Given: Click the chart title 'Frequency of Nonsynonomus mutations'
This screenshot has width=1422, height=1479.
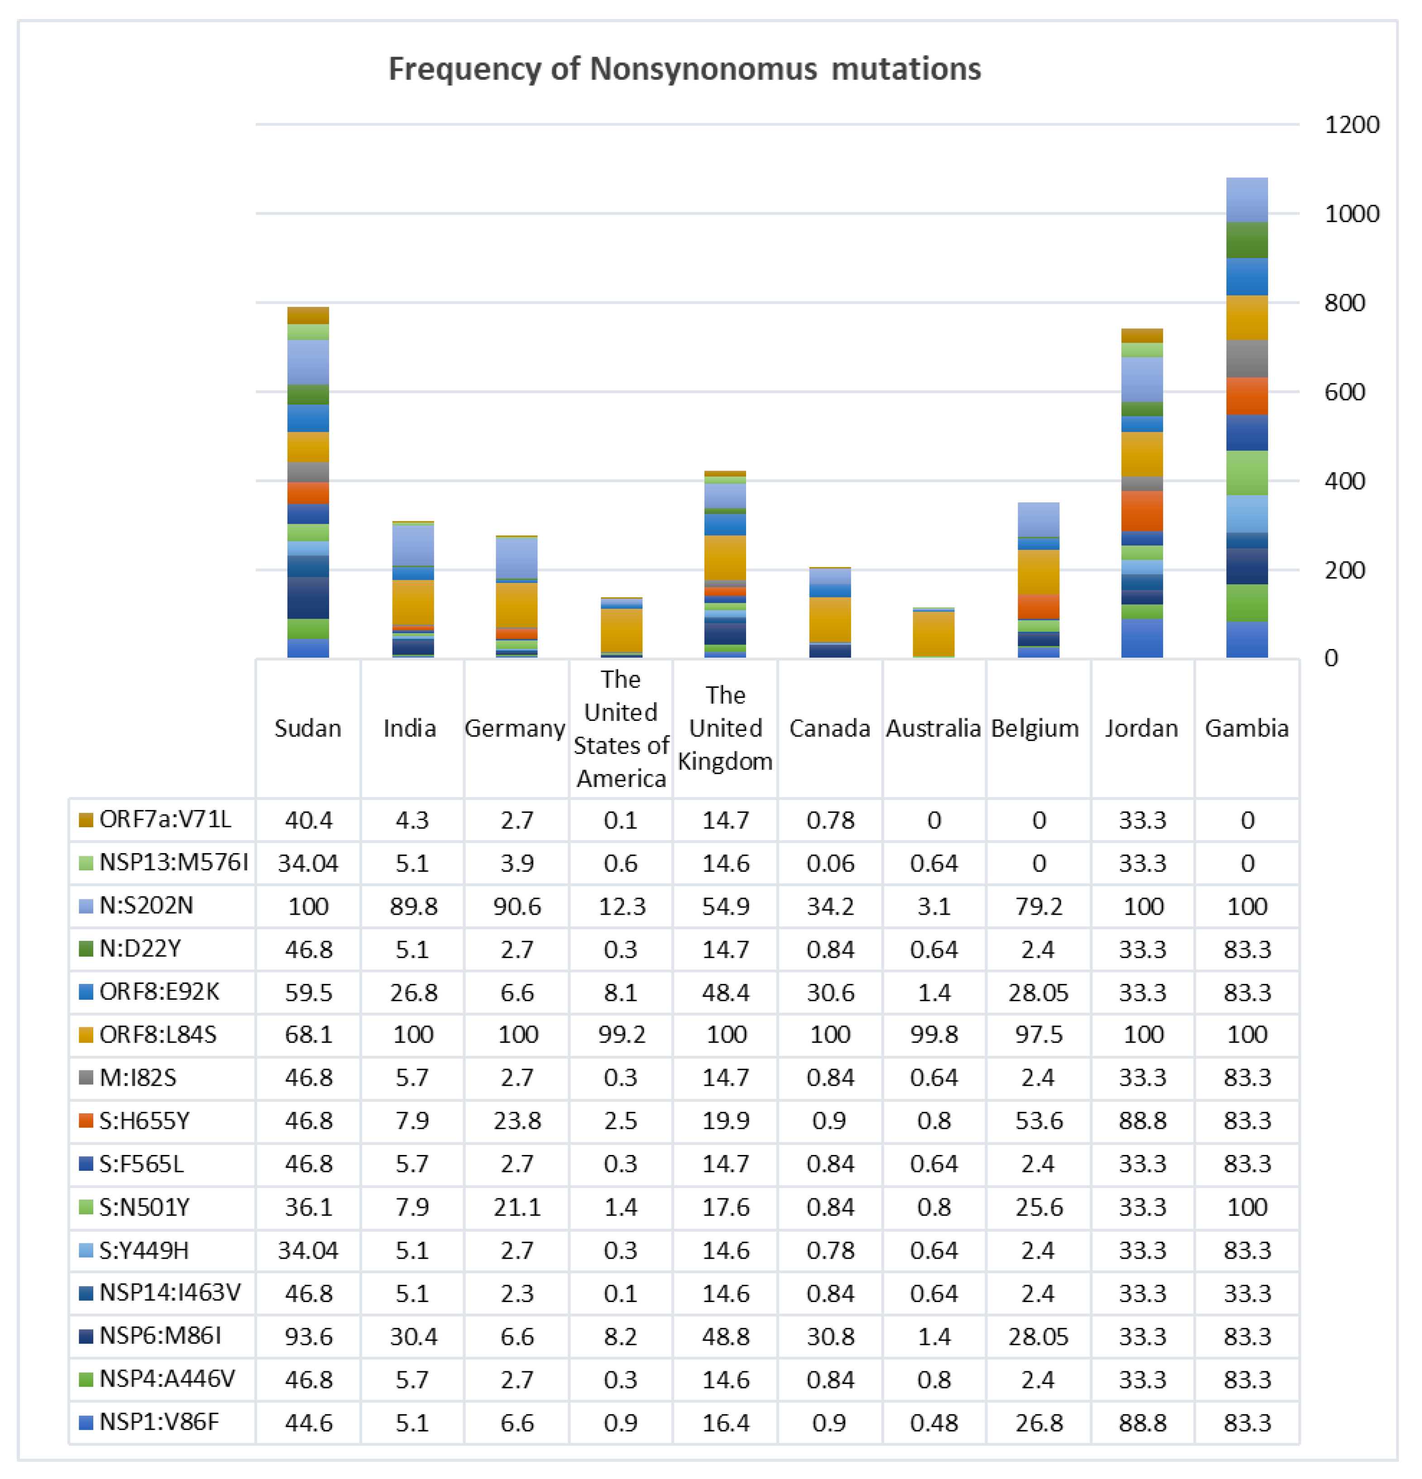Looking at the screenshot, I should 684,69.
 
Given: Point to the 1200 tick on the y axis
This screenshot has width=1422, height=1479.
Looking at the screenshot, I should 1351,124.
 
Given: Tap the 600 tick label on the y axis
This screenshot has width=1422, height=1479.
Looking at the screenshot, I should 1344,391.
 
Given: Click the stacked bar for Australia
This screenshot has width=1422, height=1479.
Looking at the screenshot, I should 933,632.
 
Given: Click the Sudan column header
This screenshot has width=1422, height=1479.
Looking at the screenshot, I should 307,728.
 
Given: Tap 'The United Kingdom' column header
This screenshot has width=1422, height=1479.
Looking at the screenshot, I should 725,728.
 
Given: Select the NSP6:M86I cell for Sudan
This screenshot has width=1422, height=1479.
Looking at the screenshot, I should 308,1336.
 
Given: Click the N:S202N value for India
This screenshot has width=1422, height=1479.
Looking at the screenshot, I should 413,906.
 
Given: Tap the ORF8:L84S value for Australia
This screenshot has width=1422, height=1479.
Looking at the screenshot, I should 934,1035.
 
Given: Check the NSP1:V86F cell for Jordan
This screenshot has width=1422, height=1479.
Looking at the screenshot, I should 1143,1422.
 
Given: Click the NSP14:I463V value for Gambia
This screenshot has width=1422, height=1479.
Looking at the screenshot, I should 1247,1293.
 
